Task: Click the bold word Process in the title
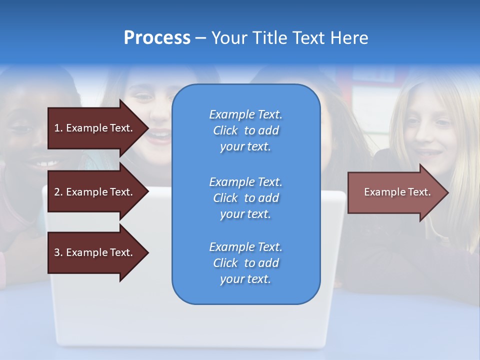tap(157, 38)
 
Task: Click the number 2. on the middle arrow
tap(58, 192)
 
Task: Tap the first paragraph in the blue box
tap(245, 130)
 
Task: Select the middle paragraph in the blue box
tap(245, 198)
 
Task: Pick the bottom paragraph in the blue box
tap(245, 263)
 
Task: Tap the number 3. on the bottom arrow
tap(58, 252)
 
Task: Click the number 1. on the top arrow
tap(58, 128)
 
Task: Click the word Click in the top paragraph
tap(225, 130)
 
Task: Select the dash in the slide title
tap(200, 38)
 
